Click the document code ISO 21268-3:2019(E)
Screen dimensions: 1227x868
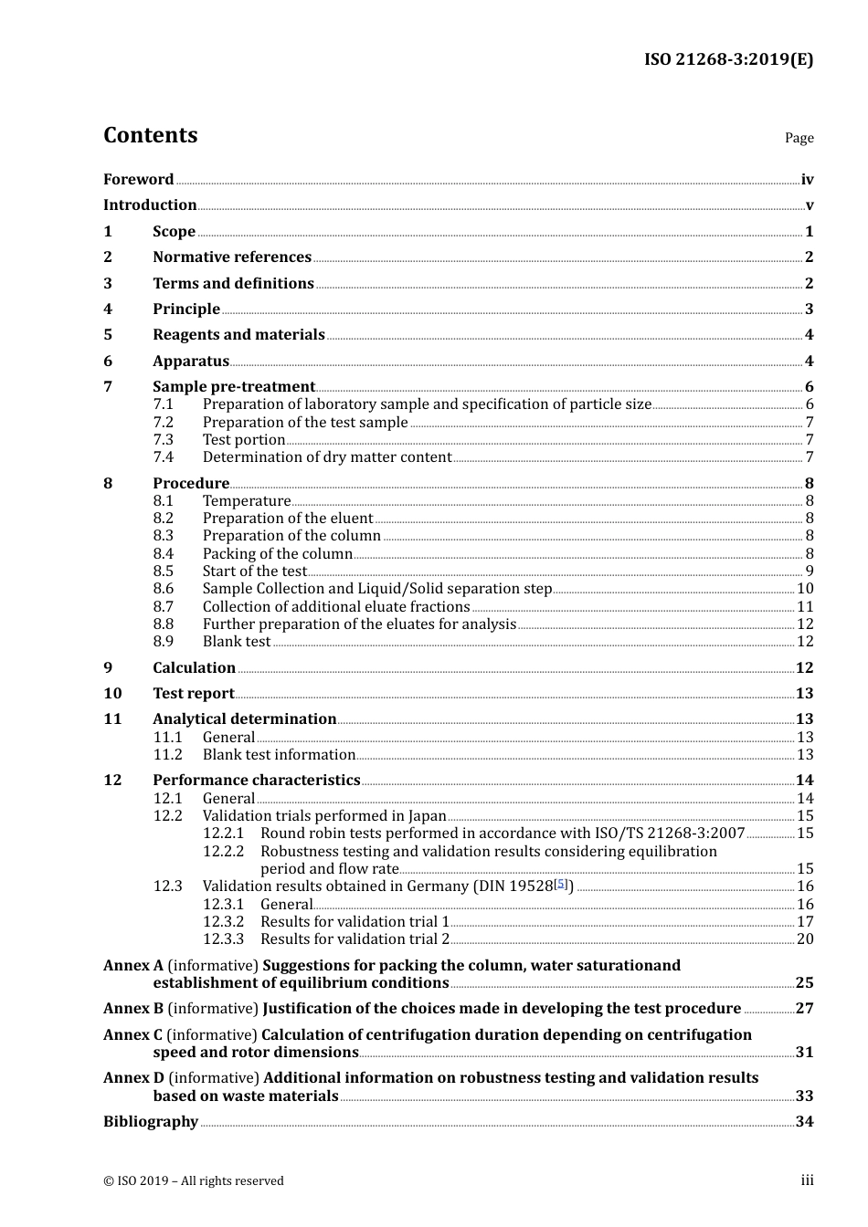728,60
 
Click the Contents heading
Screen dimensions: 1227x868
150,135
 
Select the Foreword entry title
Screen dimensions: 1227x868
138,180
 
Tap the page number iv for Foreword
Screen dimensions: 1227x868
807,180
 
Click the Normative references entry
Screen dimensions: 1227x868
231,257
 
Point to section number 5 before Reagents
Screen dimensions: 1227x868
108,335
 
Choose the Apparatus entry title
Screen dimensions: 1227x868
190,362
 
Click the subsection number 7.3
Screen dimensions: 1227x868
163,440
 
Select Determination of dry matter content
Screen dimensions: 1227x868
327,457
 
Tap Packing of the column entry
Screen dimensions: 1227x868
277,554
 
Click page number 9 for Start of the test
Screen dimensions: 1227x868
809,572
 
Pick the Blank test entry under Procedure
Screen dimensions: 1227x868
236,642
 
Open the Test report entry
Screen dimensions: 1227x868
193,694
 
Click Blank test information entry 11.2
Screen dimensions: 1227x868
279,755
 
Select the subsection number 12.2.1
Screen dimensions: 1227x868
223,834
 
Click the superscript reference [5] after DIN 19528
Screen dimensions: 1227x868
561,884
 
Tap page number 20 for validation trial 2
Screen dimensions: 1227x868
804,939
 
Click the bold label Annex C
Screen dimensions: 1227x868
133,1035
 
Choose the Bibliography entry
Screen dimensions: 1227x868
151,1122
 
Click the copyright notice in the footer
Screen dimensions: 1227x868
194,1181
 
